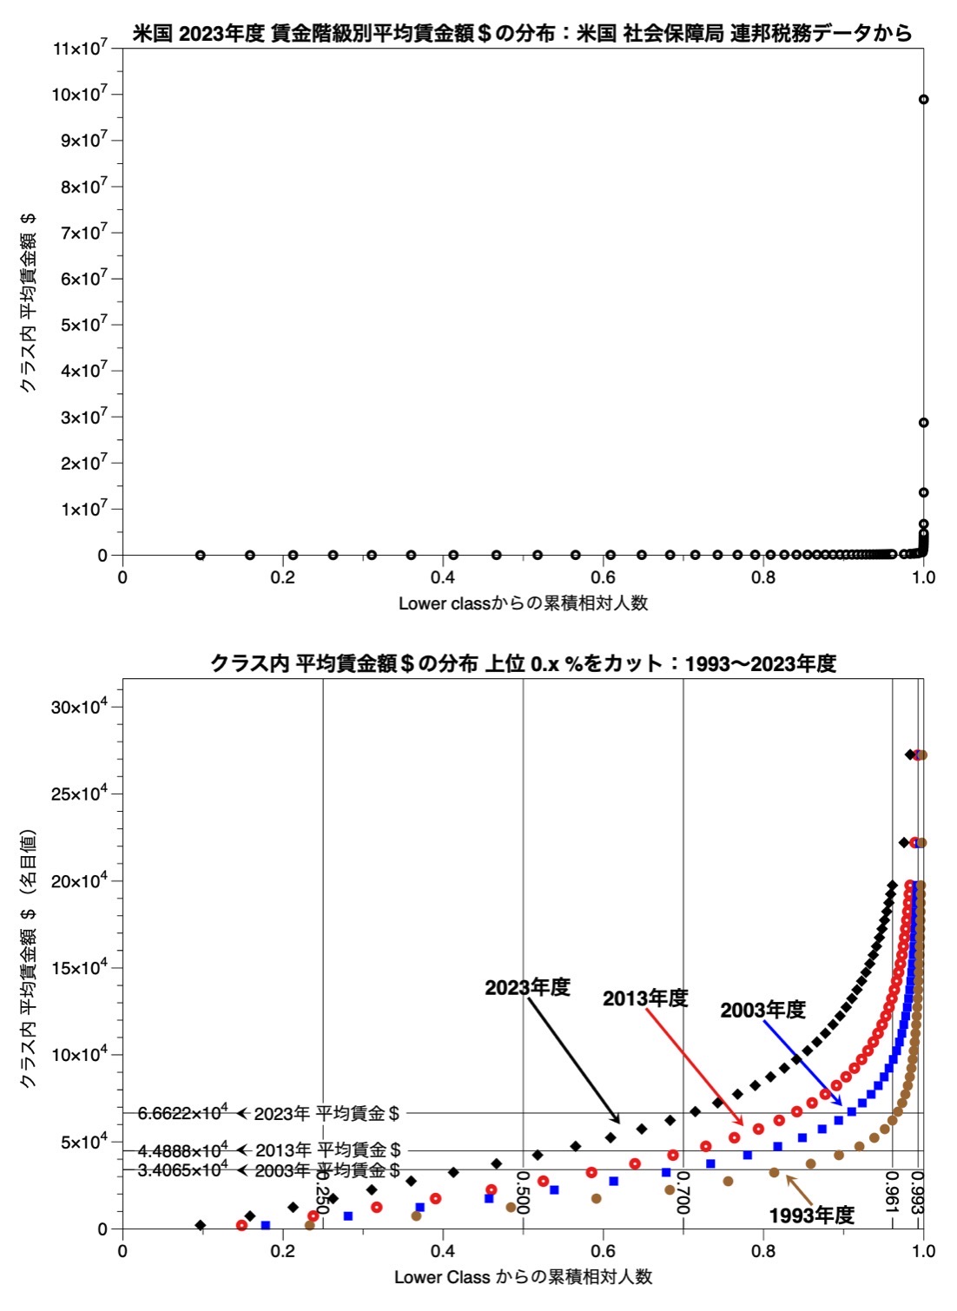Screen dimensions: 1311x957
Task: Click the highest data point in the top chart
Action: (923, 99)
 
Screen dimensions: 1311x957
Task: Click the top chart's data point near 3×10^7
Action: (923, 423)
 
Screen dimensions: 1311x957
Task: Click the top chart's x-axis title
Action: (523, 603)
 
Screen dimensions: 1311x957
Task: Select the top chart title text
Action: (523, 34)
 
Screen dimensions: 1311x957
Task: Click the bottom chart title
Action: (523, 664)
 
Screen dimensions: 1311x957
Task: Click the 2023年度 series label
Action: (527, 987)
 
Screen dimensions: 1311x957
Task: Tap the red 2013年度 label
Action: (645, 998)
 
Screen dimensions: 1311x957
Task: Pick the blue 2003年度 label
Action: (762, 1010)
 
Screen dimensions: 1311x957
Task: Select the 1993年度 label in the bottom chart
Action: (811, 1215)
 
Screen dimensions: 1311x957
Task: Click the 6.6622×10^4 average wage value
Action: (182, 1113)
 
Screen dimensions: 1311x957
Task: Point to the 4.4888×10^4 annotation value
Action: (182, 1150)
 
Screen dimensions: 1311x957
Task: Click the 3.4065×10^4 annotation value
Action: (182, 1169)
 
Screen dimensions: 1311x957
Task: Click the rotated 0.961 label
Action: (891, 1191)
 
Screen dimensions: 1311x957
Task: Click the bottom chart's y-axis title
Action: (28, 959)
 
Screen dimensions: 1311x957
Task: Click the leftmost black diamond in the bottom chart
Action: (201, 1225)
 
